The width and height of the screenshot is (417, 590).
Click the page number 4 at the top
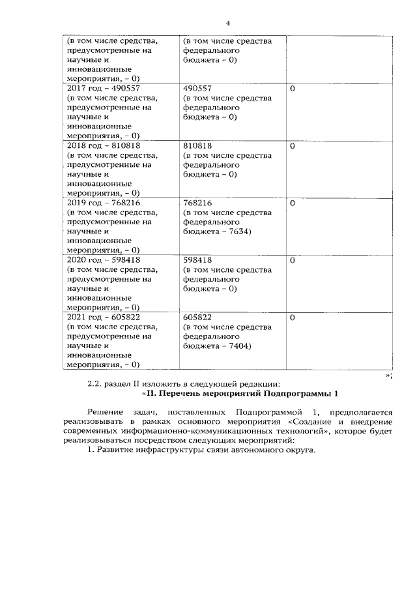(210, 23)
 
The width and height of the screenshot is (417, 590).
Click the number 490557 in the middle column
(199, 87)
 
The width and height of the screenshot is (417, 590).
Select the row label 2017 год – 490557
(104, 87)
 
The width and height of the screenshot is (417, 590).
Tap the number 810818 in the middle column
(199, 145)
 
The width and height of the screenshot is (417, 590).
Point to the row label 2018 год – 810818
(104, 145)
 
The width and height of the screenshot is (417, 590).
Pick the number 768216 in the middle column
(199, 202)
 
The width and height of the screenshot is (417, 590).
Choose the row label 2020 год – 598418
(104, 259)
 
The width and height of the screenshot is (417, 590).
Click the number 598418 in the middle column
(199, 259)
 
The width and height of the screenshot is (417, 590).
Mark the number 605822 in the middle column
(199, 317)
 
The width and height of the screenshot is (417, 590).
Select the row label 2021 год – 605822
(104, 317)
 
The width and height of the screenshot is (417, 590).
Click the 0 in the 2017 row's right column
(293, 87)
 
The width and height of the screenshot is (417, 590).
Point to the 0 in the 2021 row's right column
(293, 317)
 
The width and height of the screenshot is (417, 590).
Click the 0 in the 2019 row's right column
(293, 202)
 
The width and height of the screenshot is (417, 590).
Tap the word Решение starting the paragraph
(106, 413)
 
